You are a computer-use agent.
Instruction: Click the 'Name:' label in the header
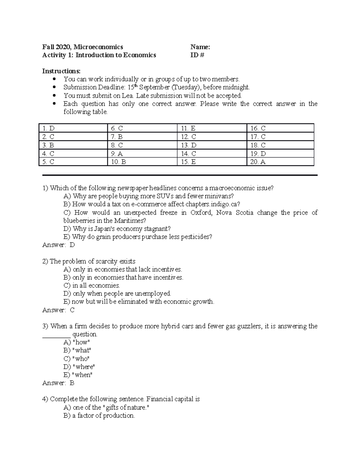coord(200,47)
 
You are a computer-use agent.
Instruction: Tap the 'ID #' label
coord(197,55)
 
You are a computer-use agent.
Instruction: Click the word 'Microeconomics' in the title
coord(98,47)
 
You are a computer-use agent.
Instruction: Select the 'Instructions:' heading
coord(61,71)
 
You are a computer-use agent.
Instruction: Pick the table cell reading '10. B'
coord(118,162)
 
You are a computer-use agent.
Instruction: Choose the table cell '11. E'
coord(188,128)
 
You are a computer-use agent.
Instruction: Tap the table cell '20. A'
coord(258,162)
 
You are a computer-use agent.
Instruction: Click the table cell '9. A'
coord(117,154)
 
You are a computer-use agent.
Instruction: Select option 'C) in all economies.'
coord(91,285)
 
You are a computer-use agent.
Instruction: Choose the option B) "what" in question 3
coord(77,350)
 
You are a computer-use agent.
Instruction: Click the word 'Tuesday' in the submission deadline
coord(186,87)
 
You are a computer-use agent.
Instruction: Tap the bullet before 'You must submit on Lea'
coord(54,96)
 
